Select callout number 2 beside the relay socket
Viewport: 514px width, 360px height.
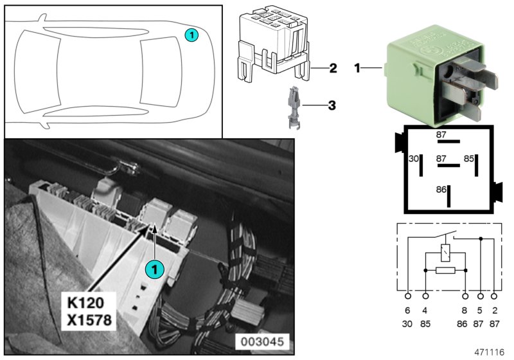[x=332, y=67]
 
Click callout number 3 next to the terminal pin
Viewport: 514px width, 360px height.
[x=332, y=104]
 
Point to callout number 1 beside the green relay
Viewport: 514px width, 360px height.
[x=357, y=67]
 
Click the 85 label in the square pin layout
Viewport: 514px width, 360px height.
[x=469, y=158]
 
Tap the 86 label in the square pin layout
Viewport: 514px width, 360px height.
[x=441, y=190]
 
